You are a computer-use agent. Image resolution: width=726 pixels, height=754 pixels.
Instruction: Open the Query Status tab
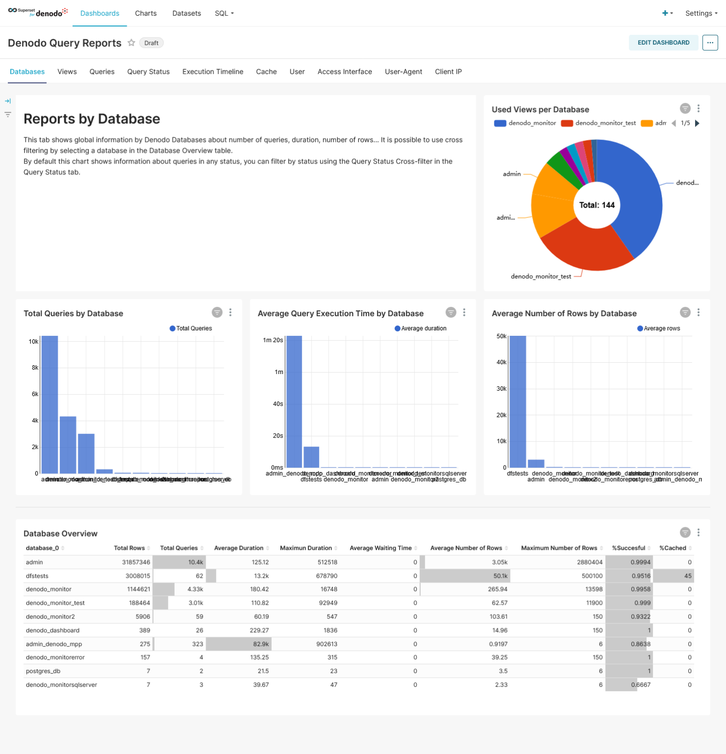click(148, 72)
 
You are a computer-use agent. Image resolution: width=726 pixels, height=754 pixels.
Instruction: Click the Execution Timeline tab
click(213, 72)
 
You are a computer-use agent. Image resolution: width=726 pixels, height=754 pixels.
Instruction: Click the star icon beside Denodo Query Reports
click(131, 43)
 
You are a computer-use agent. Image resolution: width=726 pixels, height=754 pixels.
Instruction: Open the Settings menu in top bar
click(701, 13)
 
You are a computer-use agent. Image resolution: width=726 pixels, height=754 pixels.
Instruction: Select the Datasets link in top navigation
click(187, 13)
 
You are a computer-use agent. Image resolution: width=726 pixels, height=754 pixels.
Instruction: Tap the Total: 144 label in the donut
click(596, 205)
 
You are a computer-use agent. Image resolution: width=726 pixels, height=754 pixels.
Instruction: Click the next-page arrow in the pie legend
click(697, 123)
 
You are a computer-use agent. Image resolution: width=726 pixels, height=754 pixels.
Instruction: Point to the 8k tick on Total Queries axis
click(35, 368)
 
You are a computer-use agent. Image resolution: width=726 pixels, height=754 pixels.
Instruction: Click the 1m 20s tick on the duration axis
click(273, 340)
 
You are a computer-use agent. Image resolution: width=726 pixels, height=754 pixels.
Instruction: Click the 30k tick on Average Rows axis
click(501, 389)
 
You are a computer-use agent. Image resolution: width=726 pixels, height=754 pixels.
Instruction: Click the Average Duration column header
click(239, 548)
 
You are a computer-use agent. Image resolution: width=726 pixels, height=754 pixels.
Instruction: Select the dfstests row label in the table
click(37, 576)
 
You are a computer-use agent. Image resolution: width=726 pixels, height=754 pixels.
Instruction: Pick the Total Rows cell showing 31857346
click(136, 562)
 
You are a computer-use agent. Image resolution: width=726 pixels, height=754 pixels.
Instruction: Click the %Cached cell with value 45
click(688, 576)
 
